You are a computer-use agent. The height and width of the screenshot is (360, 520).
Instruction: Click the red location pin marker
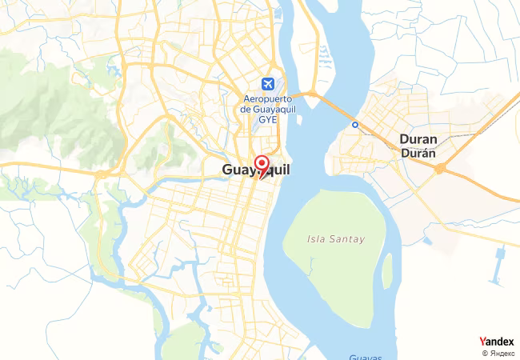tap(261, 165)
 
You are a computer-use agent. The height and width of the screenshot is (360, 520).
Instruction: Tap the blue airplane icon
tap(266, 83)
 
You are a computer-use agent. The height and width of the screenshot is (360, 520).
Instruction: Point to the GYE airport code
tap(267, 119)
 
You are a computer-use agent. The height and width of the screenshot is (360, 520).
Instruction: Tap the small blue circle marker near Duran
tap(355, 125)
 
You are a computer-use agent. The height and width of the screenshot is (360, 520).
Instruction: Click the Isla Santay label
tap(335, 238)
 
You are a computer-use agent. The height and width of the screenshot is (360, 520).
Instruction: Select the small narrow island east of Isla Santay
tap(387, 272)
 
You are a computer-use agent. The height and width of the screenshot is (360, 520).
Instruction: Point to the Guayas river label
tap(366, 357)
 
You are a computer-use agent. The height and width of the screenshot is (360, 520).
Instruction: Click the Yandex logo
tap(496, 342)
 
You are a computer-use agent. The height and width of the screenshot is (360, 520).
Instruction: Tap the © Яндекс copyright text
tap(499, 353)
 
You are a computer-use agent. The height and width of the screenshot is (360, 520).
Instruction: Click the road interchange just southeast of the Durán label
tap(440, 168)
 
